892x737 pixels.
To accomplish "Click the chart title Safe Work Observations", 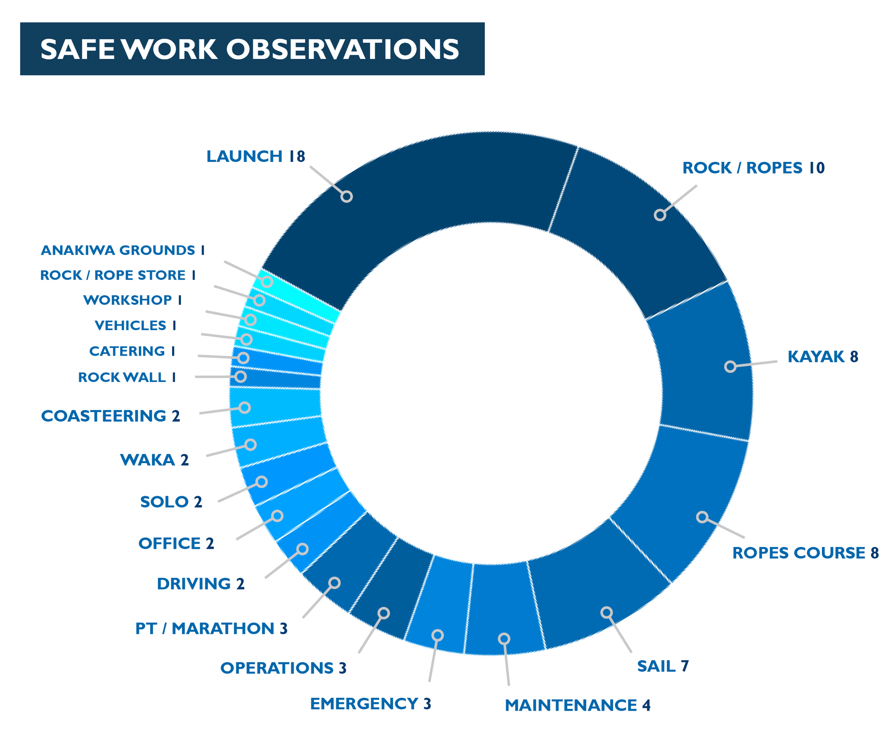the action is [x=250, y=49].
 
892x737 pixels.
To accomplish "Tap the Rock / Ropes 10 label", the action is [x=753, y=168].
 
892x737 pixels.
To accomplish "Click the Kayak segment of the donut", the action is [x=705, y=361].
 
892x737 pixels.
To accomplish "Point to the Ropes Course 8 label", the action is [x=805, y=553].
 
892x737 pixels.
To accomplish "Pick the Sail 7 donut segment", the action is [x=598, y=593].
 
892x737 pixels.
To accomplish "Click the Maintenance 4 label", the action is [x=578, y=705].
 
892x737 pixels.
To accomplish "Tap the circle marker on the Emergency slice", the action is [x=438, y=635].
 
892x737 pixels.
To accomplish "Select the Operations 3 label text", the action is [x=283, y=668].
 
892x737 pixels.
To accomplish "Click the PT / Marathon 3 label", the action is [x=211, y=628].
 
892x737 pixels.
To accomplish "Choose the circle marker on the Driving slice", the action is [x=302, y=549].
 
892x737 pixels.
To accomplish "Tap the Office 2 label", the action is [x=176, y=543].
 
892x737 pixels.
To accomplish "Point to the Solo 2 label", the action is [x=171, y=502].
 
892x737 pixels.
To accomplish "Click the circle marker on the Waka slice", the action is [x=251, y=444].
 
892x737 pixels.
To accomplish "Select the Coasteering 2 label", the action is [x=111, y=416].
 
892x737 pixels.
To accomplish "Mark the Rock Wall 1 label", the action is [x=127, y=377].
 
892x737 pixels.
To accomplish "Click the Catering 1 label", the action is [x=132, y=351].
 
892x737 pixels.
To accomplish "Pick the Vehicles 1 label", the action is [x=136, y=325].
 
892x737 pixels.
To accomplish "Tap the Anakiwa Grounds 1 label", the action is [x=123, y=250].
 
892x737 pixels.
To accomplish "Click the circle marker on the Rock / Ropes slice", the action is [x=660, y=215].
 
